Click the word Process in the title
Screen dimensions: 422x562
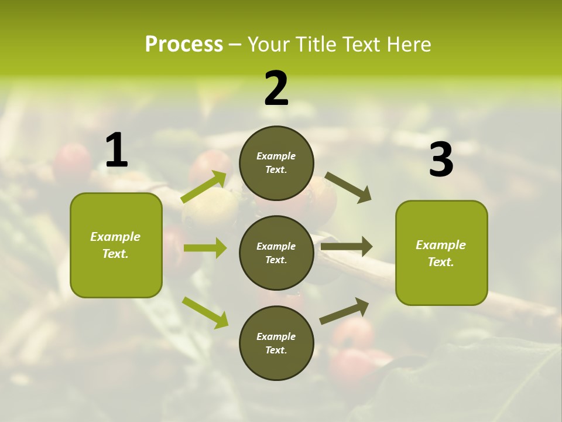click(x=184, y=45)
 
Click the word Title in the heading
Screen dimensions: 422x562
click(x=316, y=45)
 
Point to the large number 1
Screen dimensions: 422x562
click(x=116, y=151)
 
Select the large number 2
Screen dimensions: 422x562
click(x=276, y=89)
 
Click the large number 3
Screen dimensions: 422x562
click(x=441, y=159)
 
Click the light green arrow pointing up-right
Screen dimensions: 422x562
click(x=204, y=187)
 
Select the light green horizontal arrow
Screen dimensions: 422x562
click(x=205, y=248)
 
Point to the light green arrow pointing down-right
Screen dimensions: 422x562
click(x=205, y=312)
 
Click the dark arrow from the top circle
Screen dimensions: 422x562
click(x=348, y=187)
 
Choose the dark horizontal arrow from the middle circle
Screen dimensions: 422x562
click(x=347, y=247)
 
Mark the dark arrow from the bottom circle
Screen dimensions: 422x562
click(x=345, y=311)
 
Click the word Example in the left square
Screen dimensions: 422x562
click(x=115, y=237)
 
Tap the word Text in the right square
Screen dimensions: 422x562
click(x=440, y=262)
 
